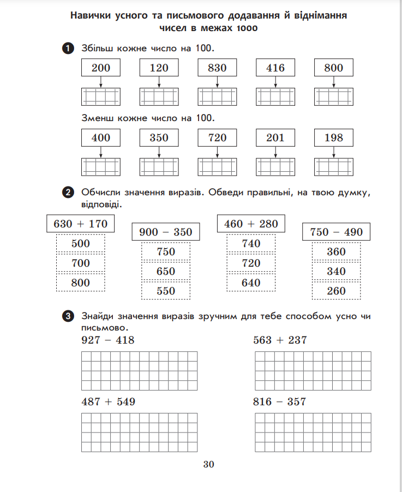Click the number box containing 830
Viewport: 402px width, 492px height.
click(x=217, y=68)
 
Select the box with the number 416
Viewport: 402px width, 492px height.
click(x=275, y=68)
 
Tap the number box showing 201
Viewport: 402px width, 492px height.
click(x=275, y=137)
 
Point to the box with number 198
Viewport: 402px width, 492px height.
click(x=334, y=137)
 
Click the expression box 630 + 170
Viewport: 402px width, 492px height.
click(x=81, y=224)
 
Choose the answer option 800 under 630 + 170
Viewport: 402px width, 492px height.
click(x=81, y=283)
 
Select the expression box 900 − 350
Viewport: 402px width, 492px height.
click(x=166, y=232)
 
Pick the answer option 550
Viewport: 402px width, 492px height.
click(x=166, y=291)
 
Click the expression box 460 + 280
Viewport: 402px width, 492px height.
click(x=251, y=224)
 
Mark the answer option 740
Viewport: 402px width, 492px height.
click(x=251, y=243)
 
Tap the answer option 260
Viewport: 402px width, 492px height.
click(x=336, y=291)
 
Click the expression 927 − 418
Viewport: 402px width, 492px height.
click(x=107, y=340)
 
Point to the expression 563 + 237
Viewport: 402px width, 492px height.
click(x=280, y=340)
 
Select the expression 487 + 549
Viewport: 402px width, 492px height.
click(x=108, y=402)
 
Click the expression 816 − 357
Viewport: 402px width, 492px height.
click(x=280, y=402)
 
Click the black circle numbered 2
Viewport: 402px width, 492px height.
click(x=68, y=192)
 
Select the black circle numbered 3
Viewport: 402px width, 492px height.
click(x=68, y=316)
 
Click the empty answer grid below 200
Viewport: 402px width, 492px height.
click(x=100, y=97)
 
